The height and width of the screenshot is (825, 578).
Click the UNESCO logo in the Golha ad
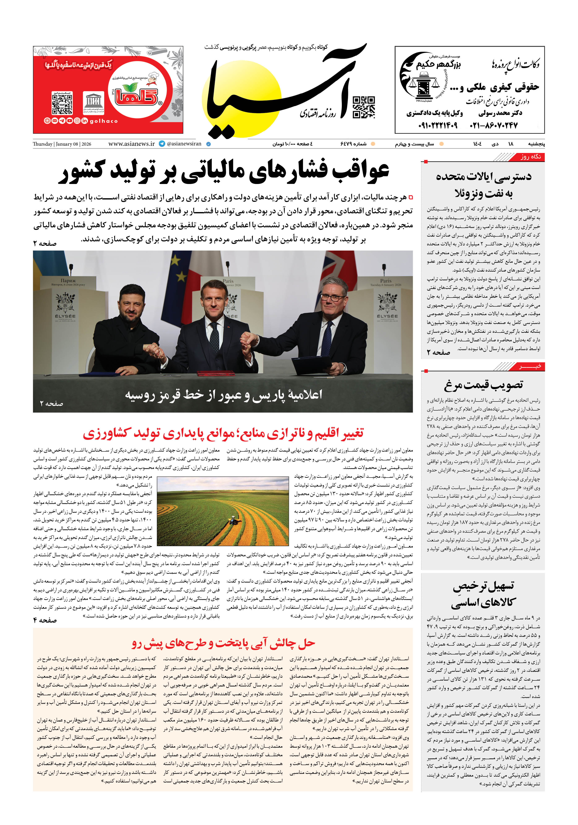pos(94,103)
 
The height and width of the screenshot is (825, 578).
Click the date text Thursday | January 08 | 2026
pos(62,144)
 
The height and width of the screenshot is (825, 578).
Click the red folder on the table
pos(211,373)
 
